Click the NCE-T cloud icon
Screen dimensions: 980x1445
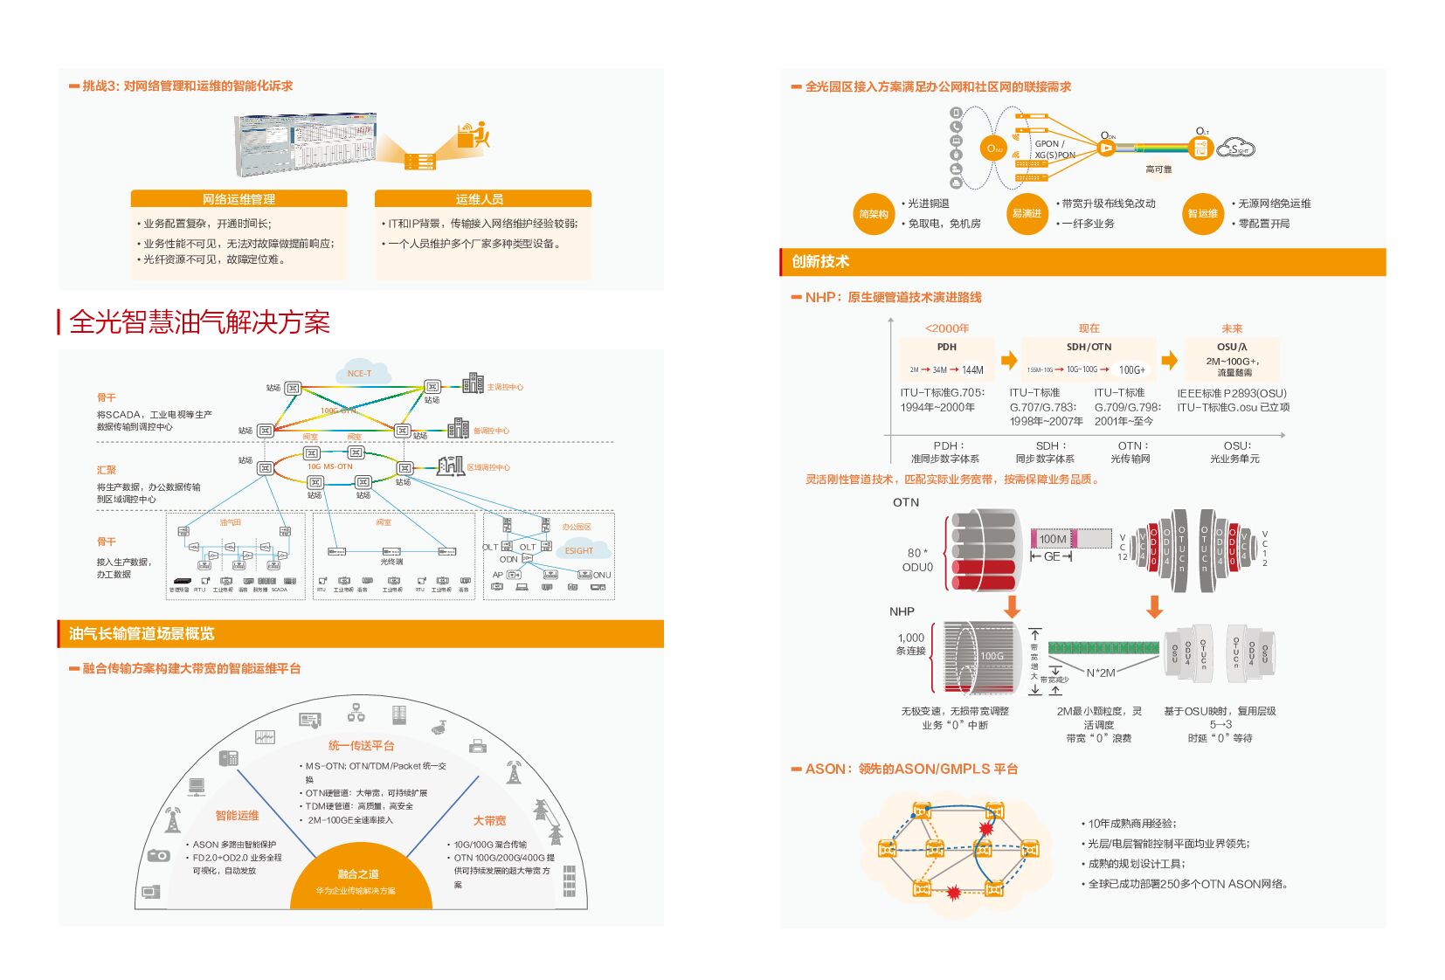(360, 371)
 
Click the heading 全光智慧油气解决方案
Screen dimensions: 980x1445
(199, 322)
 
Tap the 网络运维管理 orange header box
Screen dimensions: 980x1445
(239, 199)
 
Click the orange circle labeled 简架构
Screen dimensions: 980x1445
(874, 214)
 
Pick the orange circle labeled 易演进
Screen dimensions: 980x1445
(1027, 214)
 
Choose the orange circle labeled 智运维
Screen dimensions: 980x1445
(1203, 214)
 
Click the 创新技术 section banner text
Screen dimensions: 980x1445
(820, 261)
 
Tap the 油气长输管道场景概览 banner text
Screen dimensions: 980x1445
(142, 633)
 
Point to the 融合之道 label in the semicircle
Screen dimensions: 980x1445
(358, 874)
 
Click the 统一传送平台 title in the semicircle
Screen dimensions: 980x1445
(361, 746)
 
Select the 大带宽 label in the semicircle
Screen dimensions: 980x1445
(489, 821)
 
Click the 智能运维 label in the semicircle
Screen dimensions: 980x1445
(238, 816)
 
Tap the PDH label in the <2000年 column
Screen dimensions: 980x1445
(947, 347)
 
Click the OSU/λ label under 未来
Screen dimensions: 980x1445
(1232, 347)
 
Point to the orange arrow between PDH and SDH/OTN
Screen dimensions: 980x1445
(1009, 360)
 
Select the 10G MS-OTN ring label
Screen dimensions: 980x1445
(329, 466)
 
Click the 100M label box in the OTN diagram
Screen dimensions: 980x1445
(1053, 539)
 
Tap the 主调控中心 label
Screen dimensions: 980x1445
(505, 387)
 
